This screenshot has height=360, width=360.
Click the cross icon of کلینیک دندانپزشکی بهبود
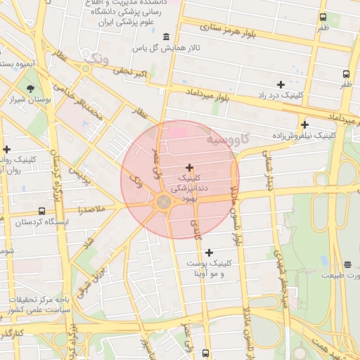point(189,167)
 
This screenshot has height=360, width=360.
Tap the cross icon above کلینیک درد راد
point(281,84)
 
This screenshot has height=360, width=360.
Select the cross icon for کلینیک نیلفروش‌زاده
point(304,124)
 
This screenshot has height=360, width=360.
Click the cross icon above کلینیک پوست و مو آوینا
point(209,252)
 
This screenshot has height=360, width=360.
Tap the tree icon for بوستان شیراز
point(30,89)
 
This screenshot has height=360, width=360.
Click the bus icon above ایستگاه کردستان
point(41,211)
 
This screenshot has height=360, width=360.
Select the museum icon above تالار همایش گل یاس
point(166,37)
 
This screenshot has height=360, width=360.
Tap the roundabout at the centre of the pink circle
point(163,202)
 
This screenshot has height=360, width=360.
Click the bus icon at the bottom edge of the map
point(205,353)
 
